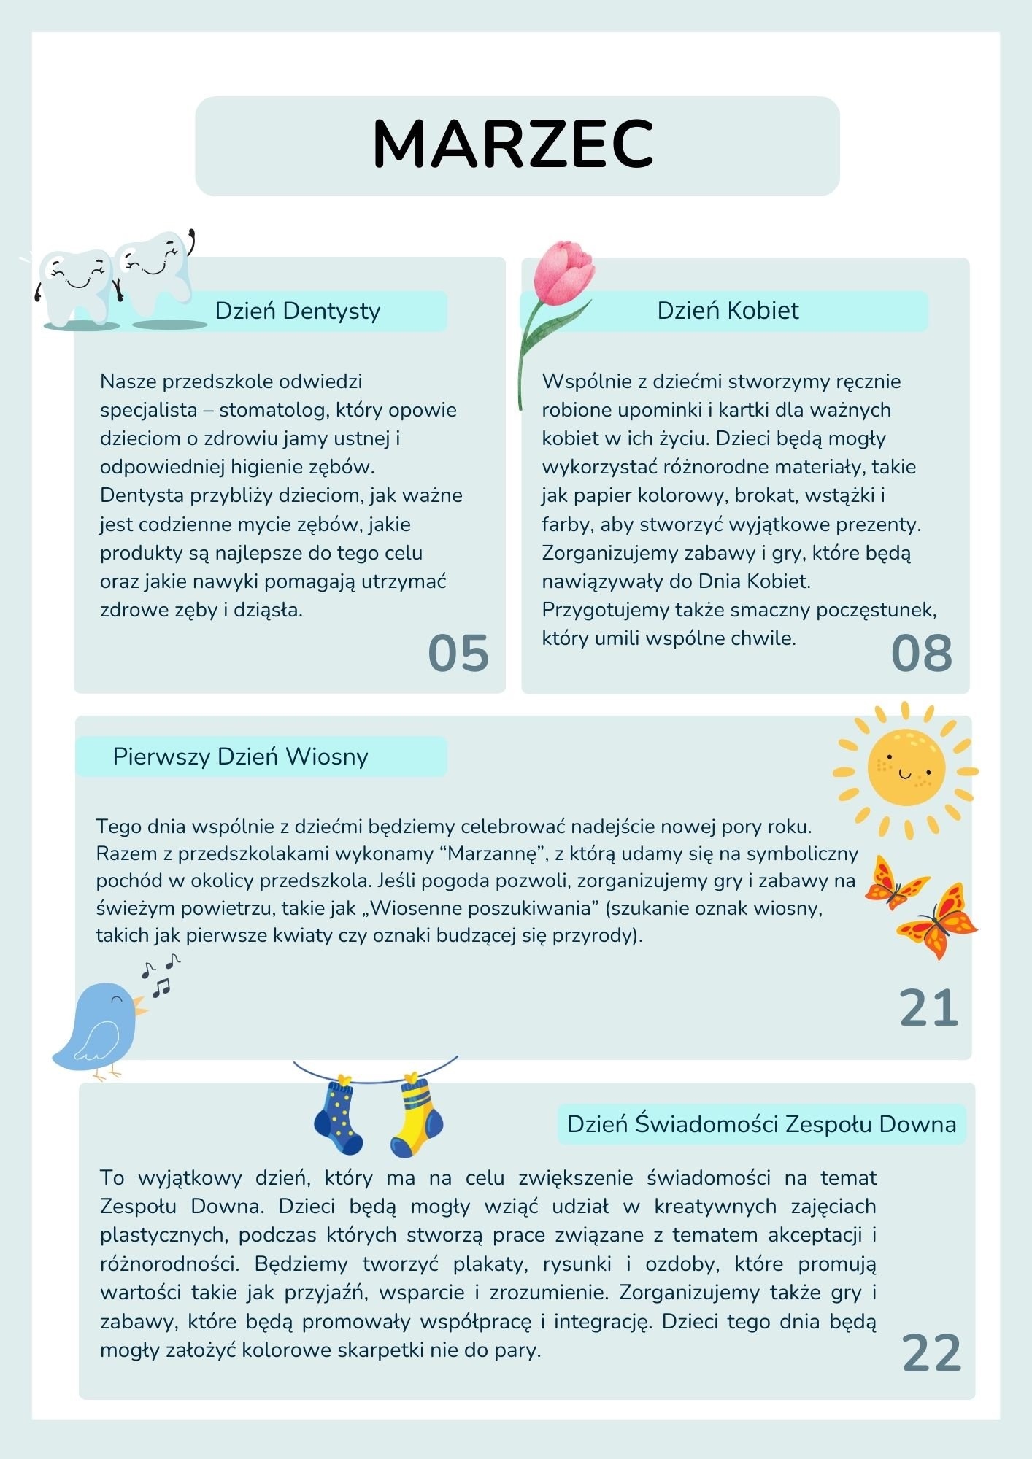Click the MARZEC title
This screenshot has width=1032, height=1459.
[513, 144]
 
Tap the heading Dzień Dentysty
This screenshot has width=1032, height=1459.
[297, 311]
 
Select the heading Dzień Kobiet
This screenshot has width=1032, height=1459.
[728, 311]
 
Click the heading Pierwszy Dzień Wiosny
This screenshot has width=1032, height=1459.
[240, 756]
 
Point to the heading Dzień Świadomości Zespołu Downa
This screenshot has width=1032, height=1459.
[761, 1124]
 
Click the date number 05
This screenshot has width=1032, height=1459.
[458, 653]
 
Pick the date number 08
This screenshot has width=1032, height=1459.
[922, 653]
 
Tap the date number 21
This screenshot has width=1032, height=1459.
[928, 1008]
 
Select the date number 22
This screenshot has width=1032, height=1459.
[931, 1353]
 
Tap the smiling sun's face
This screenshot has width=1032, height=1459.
[906, 768]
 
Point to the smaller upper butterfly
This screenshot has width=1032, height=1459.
[894, 883]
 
